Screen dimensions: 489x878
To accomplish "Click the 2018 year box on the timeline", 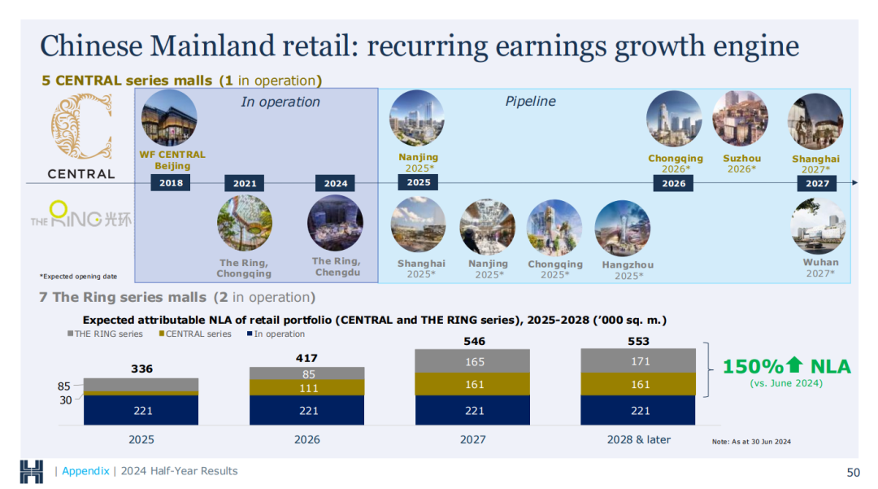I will point(171,183).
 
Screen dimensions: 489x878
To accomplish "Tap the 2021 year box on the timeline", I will point(245,184).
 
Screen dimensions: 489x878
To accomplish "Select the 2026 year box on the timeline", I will point(674,184).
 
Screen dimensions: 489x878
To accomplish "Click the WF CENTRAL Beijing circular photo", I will point(169,118).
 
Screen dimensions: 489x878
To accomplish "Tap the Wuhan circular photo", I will point(818,226).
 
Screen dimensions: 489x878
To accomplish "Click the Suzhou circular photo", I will point(740,118).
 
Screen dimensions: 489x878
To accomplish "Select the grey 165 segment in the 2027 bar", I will point(475,361).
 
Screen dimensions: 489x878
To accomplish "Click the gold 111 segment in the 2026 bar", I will point(308,388).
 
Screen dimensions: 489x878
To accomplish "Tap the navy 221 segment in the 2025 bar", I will point(142,410).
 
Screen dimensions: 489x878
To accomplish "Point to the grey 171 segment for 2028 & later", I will point(640,360).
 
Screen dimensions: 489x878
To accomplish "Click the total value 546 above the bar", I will point(475,341).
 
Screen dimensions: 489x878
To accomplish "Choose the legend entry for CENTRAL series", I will point(195,334).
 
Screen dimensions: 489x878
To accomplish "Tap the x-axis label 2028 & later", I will point(639,439).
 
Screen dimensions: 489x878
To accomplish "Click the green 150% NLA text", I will point(786,367).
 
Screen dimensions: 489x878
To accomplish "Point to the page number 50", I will point(853,472).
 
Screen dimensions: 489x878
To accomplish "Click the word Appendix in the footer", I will point(85,471).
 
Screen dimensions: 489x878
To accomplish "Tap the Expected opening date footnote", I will point(78,277).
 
